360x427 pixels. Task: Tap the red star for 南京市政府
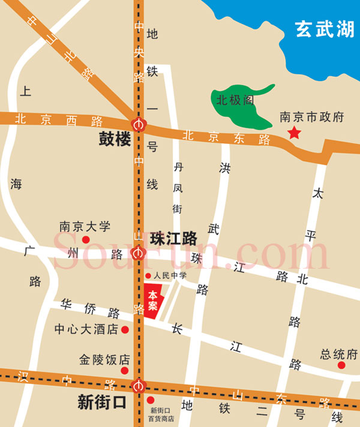tap(294, 133)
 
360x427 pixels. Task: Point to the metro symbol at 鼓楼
tap(139, 124)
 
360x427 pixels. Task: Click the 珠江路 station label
tap(173, 238)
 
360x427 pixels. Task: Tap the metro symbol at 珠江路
tap(139, 253)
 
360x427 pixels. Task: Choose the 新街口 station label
tap(102, 402)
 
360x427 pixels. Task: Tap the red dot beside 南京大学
tap(85, 239)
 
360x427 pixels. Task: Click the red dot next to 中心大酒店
tap(125, 329)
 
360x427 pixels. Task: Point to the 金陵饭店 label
tap(104, 360)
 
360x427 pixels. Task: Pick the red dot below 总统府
tap(341, 365)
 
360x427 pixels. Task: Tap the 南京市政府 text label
tap(312, 118)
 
